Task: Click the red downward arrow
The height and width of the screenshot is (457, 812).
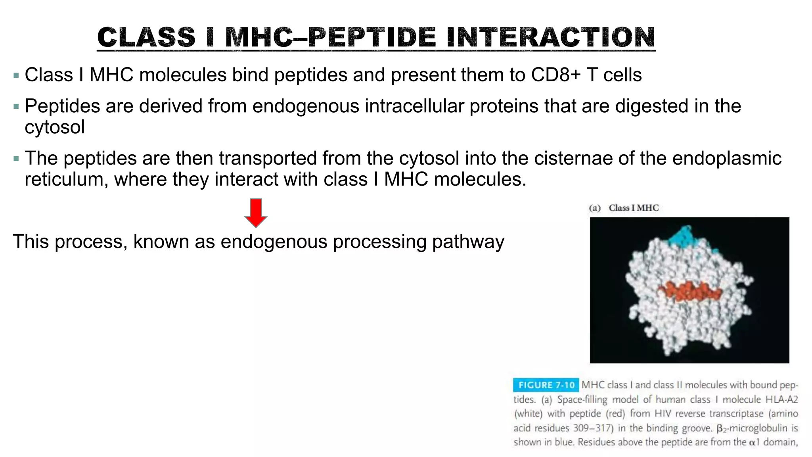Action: click(x=256, y=213)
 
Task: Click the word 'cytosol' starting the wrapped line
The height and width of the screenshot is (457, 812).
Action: click(x=55, y=127)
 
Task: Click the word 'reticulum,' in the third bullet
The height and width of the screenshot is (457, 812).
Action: click(x=66, y=179)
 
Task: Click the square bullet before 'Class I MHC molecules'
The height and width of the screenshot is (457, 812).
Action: click(x=16, y=75)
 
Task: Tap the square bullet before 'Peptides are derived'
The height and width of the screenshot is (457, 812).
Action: click(x=16, y=106)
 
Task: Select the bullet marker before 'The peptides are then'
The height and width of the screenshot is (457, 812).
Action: click(x=16, y=159)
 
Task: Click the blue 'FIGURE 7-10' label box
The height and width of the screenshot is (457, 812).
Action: click(x=546, y=385)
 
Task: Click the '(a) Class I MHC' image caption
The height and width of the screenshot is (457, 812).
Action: click(x=624, y=208)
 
